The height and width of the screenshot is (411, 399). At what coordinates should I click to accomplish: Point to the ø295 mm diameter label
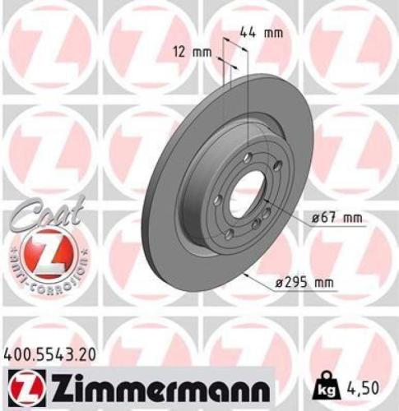(305, 283)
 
